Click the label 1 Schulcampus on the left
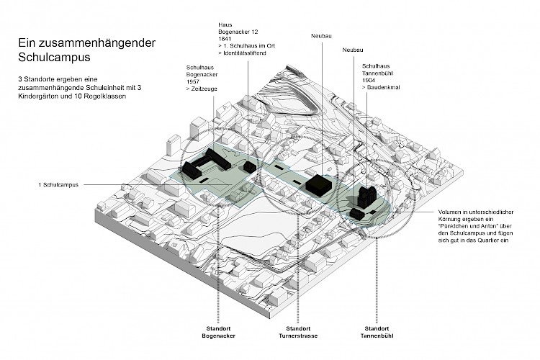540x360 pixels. pyautogui.click(x=59, y=185)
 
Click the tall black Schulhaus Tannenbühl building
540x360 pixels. pyautogui.click(x=365, y=195)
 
